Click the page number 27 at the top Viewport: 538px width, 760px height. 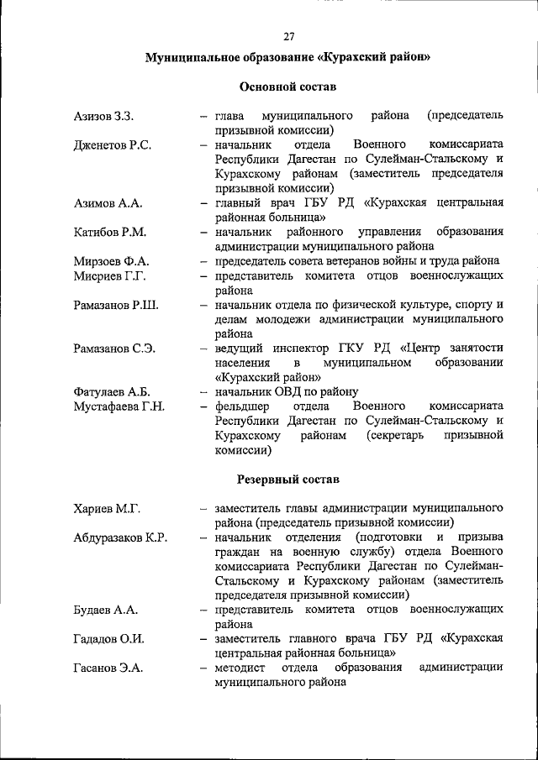288,36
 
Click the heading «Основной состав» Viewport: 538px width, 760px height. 287,86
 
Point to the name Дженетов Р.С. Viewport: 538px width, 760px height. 113,145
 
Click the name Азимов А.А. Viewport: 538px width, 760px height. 108,203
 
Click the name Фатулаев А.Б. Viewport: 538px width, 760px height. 112,392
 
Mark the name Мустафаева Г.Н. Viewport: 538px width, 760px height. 119,406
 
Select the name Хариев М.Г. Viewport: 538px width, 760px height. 107,509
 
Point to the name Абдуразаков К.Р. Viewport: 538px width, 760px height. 120,538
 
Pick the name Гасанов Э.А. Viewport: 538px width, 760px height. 108,668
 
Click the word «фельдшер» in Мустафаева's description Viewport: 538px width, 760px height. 240,406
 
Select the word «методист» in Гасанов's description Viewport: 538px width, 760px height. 240,668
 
